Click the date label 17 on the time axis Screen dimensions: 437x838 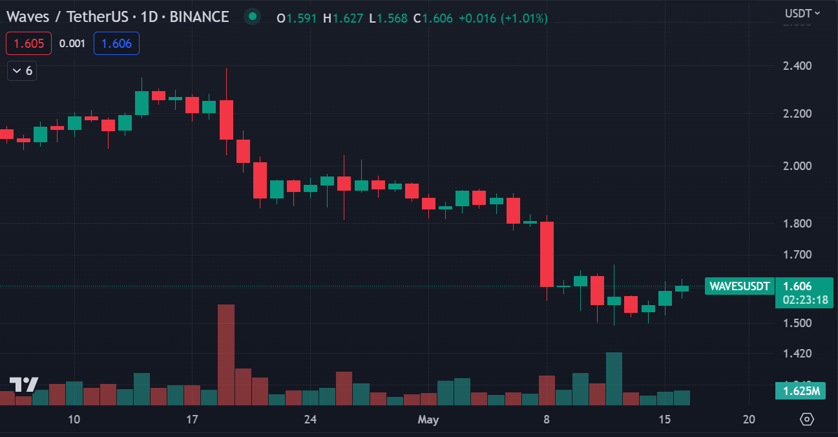pos(192,420)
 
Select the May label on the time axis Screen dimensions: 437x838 pos(428,420)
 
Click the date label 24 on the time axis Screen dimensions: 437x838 pos(310,420)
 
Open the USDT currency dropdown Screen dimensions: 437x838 pos(802,13)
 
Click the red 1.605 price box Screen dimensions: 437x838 pos(25,43)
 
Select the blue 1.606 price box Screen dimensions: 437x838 pos(116,43)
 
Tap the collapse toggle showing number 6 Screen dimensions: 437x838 pos(22,70)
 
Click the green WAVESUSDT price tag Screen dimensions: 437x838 pos(739,286)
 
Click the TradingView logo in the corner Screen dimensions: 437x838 pos(24,385)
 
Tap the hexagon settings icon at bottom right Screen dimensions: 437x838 pos(807,420)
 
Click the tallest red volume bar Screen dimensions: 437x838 pos(226,354)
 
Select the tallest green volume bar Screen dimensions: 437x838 pos(614,378)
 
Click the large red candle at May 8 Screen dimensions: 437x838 pos(547,254)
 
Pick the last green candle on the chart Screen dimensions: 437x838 pos(682,288)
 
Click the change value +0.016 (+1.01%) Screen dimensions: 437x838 pos(503,18)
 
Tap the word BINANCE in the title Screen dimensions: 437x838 pos(199,17)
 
